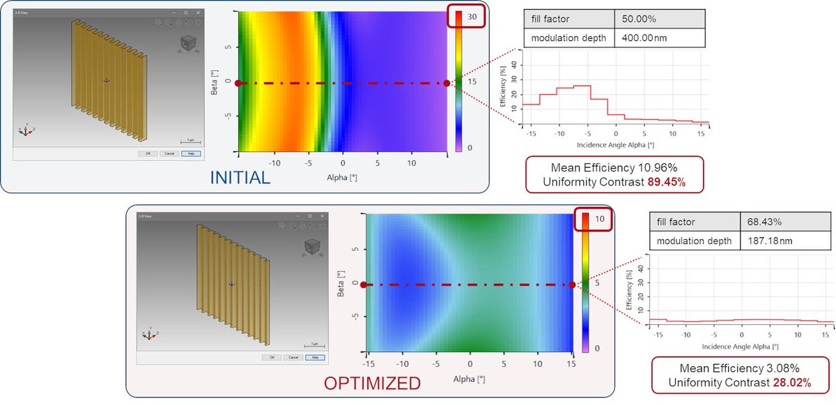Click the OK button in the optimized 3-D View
[267, 358]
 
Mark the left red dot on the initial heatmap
[238, 83]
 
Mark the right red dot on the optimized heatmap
[573, 284]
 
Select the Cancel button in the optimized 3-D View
[293, 358]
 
